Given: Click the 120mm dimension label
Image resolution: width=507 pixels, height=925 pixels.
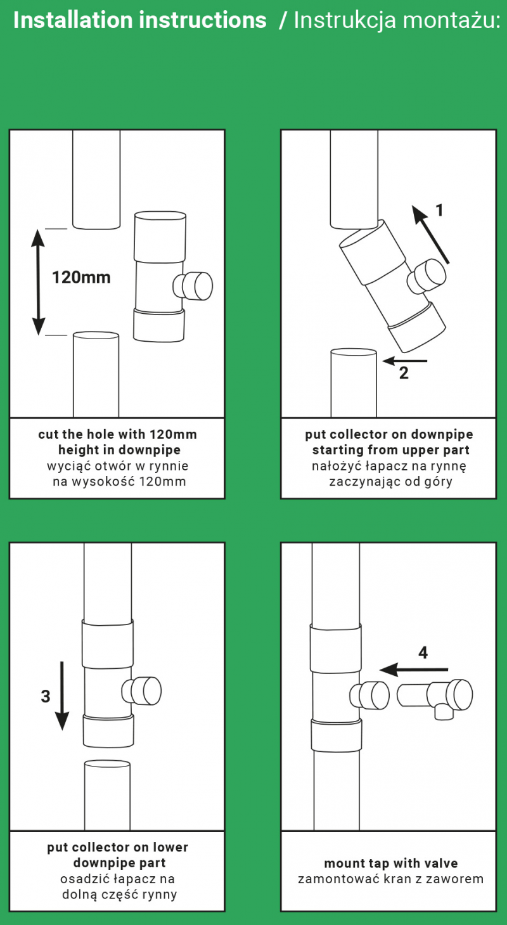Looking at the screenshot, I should click(81, 277).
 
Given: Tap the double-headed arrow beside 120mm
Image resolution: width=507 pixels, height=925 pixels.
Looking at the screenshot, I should click(39, 283).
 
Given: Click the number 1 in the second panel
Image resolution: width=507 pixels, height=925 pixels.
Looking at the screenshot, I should click(439, 210).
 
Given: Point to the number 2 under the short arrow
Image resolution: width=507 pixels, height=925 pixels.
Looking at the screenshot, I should click(404, 373).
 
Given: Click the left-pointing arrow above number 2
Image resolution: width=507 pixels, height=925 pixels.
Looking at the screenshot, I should click(405, 361).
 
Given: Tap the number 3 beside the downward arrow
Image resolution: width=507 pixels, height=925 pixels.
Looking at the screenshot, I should click(46, 696).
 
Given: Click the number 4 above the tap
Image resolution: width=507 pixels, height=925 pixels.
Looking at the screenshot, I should click(423, 652).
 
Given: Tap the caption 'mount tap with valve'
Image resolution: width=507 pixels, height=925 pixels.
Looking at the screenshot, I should click(390, 863).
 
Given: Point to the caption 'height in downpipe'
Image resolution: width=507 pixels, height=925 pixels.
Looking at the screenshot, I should click(119, 450).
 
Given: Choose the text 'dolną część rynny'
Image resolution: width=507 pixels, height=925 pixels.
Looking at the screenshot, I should click(119, 894).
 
